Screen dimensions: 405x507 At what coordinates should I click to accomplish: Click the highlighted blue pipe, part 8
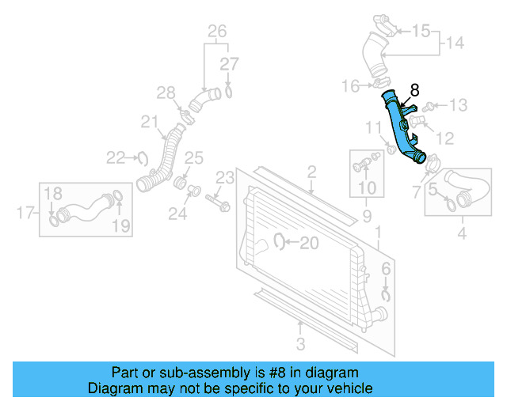pyautogui.click(x=401, y=131)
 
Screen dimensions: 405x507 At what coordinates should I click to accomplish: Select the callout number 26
pyautogui.click(x=217, y=32)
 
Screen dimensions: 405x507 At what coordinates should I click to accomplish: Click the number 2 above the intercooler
pyautogui.click(x=311, y=172)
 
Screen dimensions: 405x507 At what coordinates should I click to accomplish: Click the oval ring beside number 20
pyautogui.click(x=280, y=242)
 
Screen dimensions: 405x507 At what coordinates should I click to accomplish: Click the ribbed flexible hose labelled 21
pyautogui.click(x=163, y=161)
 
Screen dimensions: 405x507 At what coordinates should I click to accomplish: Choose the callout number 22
pyautogui.click(x=116, y=158)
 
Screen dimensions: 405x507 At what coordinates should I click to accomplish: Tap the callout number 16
pyautogui.click(x=350, y=85)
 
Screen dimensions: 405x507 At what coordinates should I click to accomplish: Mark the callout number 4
pyautogui.click(x=462, y=233)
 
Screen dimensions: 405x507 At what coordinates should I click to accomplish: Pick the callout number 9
pyautogui.click(x=367, y=215)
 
